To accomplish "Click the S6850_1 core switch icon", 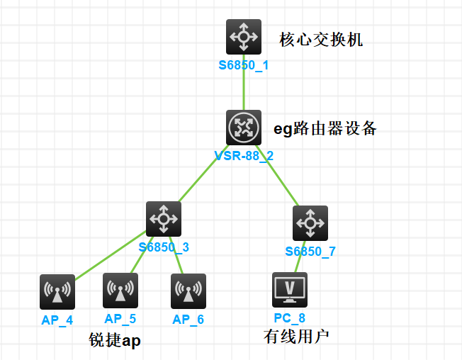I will click(x=244, y=37).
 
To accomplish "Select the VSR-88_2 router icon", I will click(x=244, y=128).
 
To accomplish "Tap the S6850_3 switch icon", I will click(x=164, y=220).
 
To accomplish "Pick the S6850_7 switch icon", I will click(x=310, y=223).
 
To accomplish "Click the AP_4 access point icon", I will click(x=58, y=291).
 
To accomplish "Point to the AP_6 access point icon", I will click(x=188, y=291).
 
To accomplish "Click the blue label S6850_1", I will click(x=243, y=65).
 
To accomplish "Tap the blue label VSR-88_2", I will click(x=243, y=156).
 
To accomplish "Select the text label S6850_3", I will click(x=164, y=248).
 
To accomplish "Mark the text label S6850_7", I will click(x=310, y=252).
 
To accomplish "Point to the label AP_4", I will click(x=57, y=320).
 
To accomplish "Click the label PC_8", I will click(x=289, y=318).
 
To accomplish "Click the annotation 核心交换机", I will click(x=321, y=40).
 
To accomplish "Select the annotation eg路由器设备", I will click(x=325, y=129).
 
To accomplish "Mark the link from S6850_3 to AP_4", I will click(x=110, y=258).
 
